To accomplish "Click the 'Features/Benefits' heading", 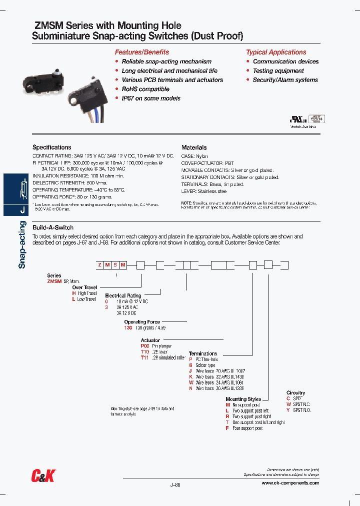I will click(x=142, y=52).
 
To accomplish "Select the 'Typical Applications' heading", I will click(x=276, y=52).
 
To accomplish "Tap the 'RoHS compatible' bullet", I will click(x=145, y=89).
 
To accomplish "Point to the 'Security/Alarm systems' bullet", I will click(x=285, y=80).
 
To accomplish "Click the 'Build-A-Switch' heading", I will click(x=53, y=227).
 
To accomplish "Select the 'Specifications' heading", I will click(x=52, y=147).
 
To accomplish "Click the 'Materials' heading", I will click(x=194, y=147).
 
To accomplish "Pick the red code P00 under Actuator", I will click(x=145, y=345).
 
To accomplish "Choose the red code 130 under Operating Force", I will click(x=128, y=327).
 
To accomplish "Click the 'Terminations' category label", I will click(x=203, y=353).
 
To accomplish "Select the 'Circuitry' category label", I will click(x=296, y=393).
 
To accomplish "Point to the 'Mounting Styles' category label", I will click(x=243, y=399).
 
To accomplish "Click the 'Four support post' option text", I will click(x=247, y=428).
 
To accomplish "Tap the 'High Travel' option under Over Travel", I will click(x=86, y=293).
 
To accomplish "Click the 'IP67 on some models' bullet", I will click(x=151, y=98).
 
